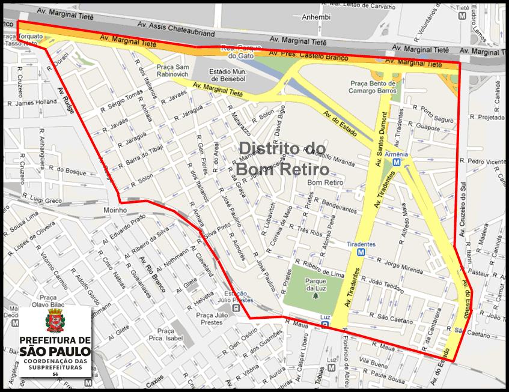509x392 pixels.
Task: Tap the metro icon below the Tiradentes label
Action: click(x=361, y=253)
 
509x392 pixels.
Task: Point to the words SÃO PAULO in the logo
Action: click(x=55, y=351)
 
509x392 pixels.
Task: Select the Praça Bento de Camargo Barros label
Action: click(x=373, y=86)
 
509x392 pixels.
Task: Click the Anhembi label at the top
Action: click(x=316, y=17)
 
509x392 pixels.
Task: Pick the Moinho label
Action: click(x=114, y=210)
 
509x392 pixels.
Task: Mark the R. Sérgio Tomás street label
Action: click(x=125, y=100)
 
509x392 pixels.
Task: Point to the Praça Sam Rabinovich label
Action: click(x=174, y=70)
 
